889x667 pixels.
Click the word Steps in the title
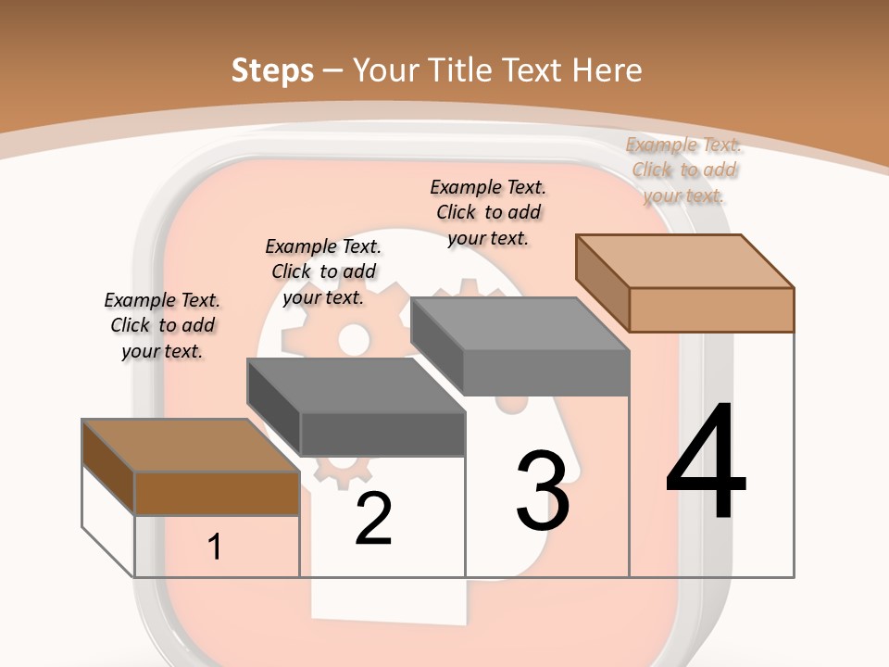(272, 69)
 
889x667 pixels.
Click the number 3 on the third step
(543, 491)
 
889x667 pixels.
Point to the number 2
(373, 519)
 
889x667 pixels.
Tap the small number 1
(215, 547)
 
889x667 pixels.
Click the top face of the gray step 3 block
(519, 324)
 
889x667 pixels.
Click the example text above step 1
(162, 325)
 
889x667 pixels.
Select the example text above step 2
(323, 271)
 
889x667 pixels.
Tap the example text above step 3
(488, 212)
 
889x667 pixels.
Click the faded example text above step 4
(684, 170)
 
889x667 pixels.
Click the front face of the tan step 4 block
(711, 309)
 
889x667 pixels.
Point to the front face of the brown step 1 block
(217, 493)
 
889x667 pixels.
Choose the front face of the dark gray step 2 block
(382, 434)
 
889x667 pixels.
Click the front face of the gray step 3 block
(546, 372)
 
